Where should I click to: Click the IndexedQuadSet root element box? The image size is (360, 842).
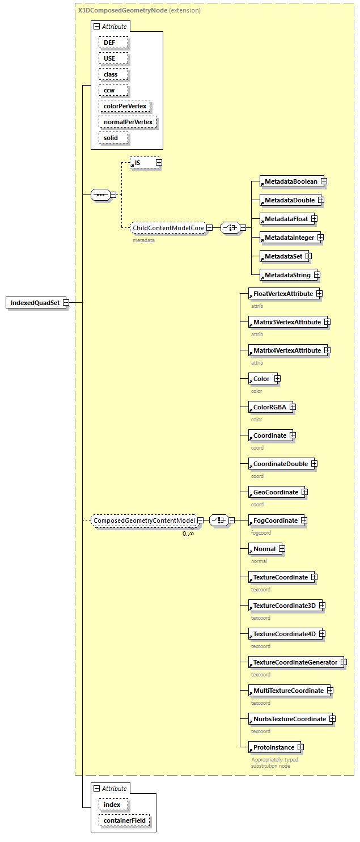(x=35, y=303)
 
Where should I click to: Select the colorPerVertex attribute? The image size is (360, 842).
(x=124, y=106)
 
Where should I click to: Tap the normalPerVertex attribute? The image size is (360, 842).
(x=127, y=122)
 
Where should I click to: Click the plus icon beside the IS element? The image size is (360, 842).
(x=159, y=163)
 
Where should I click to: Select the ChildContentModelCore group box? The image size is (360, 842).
(x=168, y=228)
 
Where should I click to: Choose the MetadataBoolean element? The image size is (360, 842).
(x=291, y=181)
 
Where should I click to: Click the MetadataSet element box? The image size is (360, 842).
(x=282, y=256)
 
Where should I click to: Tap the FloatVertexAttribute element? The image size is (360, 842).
(x=282, y=294)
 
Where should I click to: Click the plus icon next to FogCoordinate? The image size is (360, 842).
(x=304, y=521)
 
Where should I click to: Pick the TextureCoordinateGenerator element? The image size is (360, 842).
(x=294, y=662)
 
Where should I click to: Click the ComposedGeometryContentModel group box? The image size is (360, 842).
(x=144, y=521)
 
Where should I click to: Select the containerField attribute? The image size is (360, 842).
(x=125, y=820)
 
